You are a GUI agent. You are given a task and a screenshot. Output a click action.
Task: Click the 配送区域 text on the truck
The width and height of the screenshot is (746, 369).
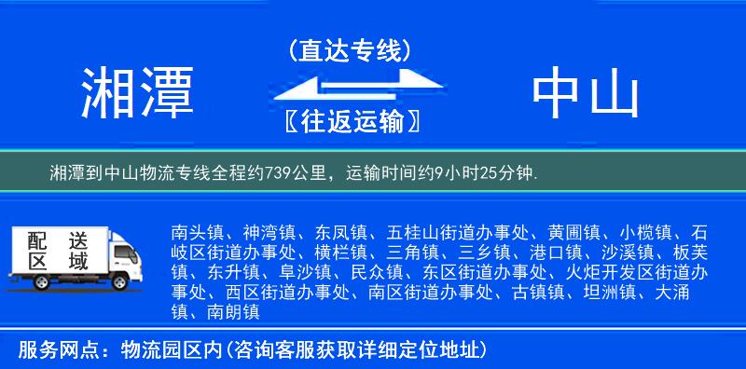coord(57,250)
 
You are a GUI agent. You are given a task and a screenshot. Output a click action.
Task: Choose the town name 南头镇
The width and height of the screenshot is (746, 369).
coord(195,231)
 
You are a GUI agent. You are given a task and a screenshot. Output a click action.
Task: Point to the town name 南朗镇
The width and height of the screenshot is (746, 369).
coord(228,313)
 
